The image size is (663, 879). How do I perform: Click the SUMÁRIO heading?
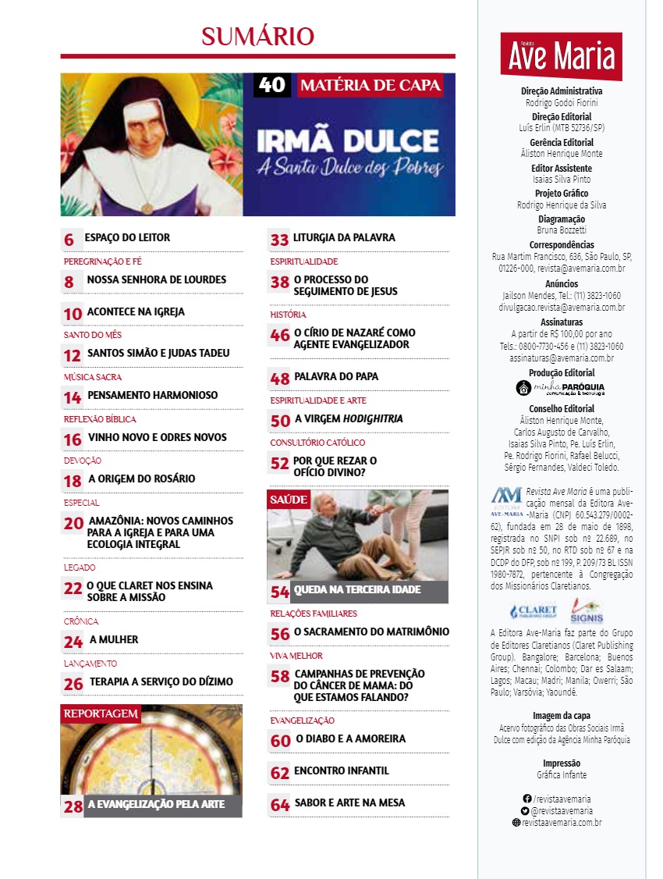click(257, 36)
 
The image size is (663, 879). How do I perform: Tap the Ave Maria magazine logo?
click(562, 56)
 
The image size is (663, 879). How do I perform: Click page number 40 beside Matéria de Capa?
click(271, 85)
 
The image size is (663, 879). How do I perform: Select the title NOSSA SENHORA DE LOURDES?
click(156, 279)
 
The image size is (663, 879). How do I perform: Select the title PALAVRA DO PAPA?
click(335, 376)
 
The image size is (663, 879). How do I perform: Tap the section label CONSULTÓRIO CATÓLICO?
click(317, 443)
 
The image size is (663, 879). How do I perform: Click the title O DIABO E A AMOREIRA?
click(350, 738)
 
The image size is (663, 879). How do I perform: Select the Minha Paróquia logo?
click(561, 388)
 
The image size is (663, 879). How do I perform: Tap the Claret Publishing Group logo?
click(534, 611)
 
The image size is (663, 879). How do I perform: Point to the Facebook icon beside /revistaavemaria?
click(526, 799)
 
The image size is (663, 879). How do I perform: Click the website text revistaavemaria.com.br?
click(562, 822)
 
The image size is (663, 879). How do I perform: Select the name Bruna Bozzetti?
click(562, 230)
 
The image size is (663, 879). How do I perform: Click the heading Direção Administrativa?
click(562, 91)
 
